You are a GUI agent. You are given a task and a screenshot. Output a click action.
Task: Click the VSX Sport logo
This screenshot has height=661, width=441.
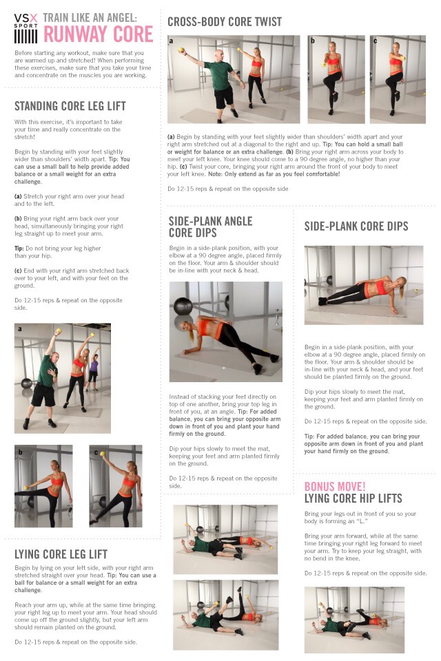coord(26,27)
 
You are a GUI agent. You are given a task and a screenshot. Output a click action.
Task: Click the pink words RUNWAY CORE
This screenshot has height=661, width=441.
coord(99,33)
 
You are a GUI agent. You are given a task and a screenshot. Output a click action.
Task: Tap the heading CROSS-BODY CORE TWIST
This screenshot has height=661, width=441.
coord(225,21)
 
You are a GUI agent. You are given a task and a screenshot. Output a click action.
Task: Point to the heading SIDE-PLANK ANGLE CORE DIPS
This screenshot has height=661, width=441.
coord(210,227)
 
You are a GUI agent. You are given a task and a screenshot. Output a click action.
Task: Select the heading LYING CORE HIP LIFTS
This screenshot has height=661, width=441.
coord(353,498)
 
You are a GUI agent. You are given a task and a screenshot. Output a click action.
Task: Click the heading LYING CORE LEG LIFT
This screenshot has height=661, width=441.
coord(61,554)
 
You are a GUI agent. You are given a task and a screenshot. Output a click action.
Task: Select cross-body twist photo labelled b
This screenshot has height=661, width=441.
coord(334,79)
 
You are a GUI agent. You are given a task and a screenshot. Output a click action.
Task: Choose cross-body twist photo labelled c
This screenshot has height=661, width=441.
coord(397,79)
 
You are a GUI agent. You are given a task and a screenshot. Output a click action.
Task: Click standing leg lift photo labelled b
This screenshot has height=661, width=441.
coord(43,485)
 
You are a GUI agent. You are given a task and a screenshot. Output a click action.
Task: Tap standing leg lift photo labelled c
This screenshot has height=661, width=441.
coord(115,485)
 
